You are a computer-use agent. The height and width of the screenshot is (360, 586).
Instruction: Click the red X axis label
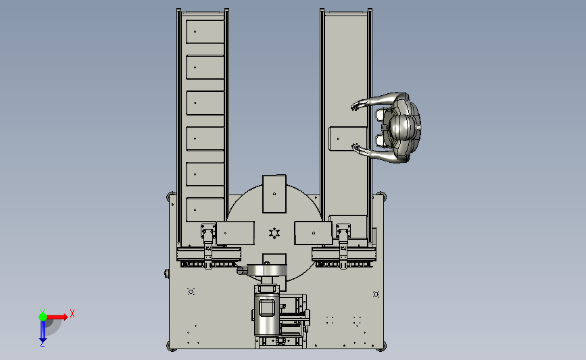click(72, 313)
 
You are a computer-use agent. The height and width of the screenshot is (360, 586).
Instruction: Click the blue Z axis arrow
click(43, 330)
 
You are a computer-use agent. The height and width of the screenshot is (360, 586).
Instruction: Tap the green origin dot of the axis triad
click(43, 317)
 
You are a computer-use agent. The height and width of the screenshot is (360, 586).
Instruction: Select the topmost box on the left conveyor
click(205, 32)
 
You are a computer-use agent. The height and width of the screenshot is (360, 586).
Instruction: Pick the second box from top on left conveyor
click(205, 68)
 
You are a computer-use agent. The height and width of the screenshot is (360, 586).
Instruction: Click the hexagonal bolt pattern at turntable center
click(274, 234)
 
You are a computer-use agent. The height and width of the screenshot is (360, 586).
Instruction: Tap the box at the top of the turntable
click(274, 194)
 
